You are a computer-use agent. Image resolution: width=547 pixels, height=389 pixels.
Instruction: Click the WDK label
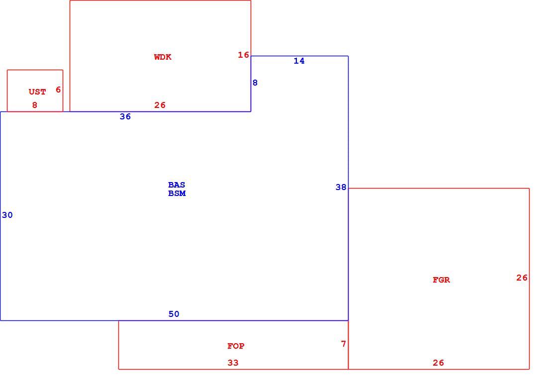[x=163, y=57]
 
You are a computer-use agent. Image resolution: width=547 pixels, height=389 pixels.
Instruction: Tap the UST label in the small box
[x=37, y=92]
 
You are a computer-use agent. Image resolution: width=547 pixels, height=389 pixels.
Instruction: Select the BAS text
[x=177, y=185]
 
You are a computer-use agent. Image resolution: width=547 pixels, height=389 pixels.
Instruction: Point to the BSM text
[x=177, y=194]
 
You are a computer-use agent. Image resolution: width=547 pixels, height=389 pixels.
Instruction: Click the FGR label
[x=441, y=280]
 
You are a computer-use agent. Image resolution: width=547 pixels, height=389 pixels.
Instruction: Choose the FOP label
[x=236, y=346]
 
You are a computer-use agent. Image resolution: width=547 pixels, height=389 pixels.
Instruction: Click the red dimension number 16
[x=244, y=55]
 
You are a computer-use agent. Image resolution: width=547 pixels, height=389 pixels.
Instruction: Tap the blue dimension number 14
[x=299, y=61]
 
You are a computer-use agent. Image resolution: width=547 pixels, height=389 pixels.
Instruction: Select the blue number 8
[x=255, y=83]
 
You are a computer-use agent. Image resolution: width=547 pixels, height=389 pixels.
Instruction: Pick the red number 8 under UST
[x=34, y=105]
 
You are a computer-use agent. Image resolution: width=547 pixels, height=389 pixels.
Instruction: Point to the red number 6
[x=58, y=90]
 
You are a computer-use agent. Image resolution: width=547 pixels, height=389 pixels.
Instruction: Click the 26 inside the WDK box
[x=160, y=105]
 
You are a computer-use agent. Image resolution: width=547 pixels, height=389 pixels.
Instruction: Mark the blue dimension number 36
[x=125, y=116]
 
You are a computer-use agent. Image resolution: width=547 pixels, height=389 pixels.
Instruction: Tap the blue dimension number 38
[x=341, y=188]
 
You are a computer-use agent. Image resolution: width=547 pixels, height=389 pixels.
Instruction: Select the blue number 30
[x=7, y=215]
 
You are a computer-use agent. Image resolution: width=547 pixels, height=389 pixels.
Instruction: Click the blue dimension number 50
[x=174, y=314]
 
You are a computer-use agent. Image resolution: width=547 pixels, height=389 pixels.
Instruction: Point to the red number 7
[x=344, y=344]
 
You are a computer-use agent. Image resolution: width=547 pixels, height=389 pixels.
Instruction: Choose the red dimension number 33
[x=233, y=363]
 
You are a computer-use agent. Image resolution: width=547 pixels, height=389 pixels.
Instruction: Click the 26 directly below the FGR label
[x=438, y=363]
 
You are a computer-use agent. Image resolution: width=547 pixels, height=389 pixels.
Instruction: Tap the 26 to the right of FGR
[x=522, y=278]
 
